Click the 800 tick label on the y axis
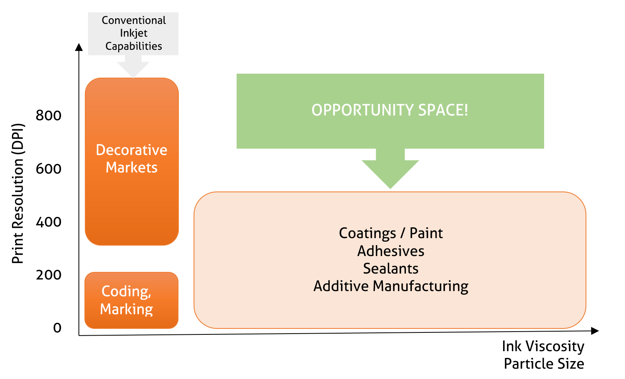(x=48, y=115)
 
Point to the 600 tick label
(x=48, y=169)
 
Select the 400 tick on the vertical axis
(x=48, y=222)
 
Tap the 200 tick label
(x=48, y=275)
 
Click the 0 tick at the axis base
(x=57, y=328)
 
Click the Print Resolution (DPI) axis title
(x=18, y=193)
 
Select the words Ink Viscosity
(x=543, y=347)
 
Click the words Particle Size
(x=544, y=363)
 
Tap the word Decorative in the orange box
(x=131, y=150)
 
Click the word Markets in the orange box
(x=131, y=167)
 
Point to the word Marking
(x=126, y=309)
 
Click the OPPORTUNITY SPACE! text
(x=390, y=110)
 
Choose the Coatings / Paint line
(x=391, y=233)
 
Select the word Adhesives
(x=391, y=251)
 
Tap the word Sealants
(x=391, y=269)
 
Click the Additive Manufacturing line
(x=391, y=286)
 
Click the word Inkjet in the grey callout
(x=134, y=33)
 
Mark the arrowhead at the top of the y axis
(x=79, y=47)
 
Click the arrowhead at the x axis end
(x=595, y=331)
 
